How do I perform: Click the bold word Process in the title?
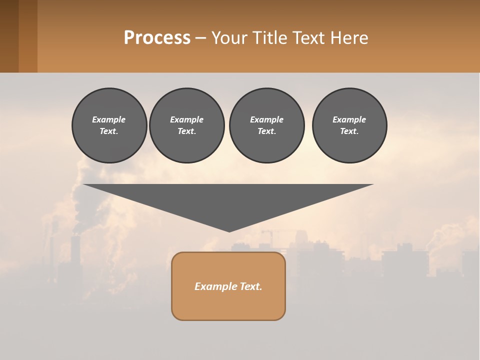(x=157, y=38)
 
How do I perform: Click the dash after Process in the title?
(x=201, y=38)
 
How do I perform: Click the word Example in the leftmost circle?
(x=108, y=119)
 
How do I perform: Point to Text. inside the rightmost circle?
(x=349, y=131)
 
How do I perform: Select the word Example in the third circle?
(x=266, y=119)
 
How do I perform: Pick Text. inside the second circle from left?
(x=186, y=131)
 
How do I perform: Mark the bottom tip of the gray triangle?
(x=229, y=230)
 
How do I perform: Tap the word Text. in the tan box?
(x=250, y=286)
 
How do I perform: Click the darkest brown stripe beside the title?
(x=9, y=36)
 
